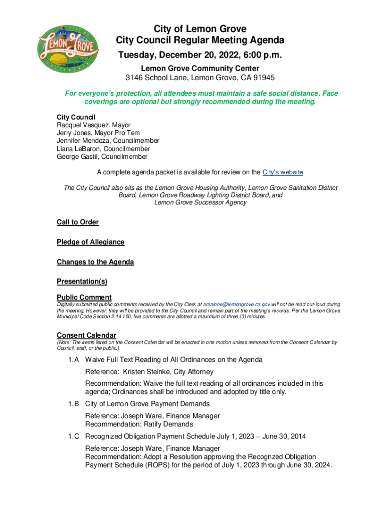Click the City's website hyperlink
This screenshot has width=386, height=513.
(x=283, y=172)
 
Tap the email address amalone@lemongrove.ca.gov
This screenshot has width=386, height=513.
(x=237, y=304)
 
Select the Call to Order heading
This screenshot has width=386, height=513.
(x=78, y=222)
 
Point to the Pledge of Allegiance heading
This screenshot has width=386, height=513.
(x=90, y=242)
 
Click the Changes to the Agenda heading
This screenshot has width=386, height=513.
(x=95, y=262)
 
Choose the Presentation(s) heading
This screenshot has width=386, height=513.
(x=82, y=282)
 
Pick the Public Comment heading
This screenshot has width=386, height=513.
(x=84, y=297)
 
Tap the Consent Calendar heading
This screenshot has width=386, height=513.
(x=86, y=335)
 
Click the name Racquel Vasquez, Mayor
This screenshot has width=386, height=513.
(x=93, y=125)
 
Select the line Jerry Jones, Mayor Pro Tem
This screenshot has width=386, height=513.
(x=98, y=133)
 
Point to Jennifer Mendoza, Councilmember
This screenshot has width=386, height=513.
(x=108, y=141)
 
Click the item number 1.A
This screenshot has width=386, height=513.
(x=74, y=360)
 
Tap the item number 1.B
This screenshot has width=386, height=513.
(x=74, y=404)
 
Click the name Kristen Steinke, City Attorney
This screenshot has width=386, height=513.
(x=170, y=372)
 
